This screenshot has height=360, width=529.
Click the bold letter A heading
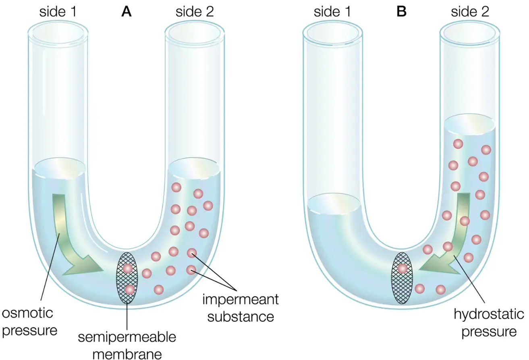(x=127, y=12)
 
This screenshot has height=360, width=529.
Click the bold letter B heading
(x=401, y=12)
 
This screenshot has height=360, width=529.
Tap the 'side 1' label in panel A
(x=58, y=12)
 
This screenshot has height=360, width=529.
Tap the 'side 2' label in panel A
(x=195, y=12)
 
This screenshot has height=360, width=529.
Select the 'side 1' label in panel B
(x=332, y=12)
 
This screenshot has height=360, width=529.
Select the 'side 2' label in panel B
(x=470, y=12)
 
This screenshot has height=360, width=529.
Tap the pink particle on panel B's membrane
(x=402, y=268)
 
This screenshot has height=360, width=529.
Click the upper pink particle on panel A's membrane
(x=128, y=268)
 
